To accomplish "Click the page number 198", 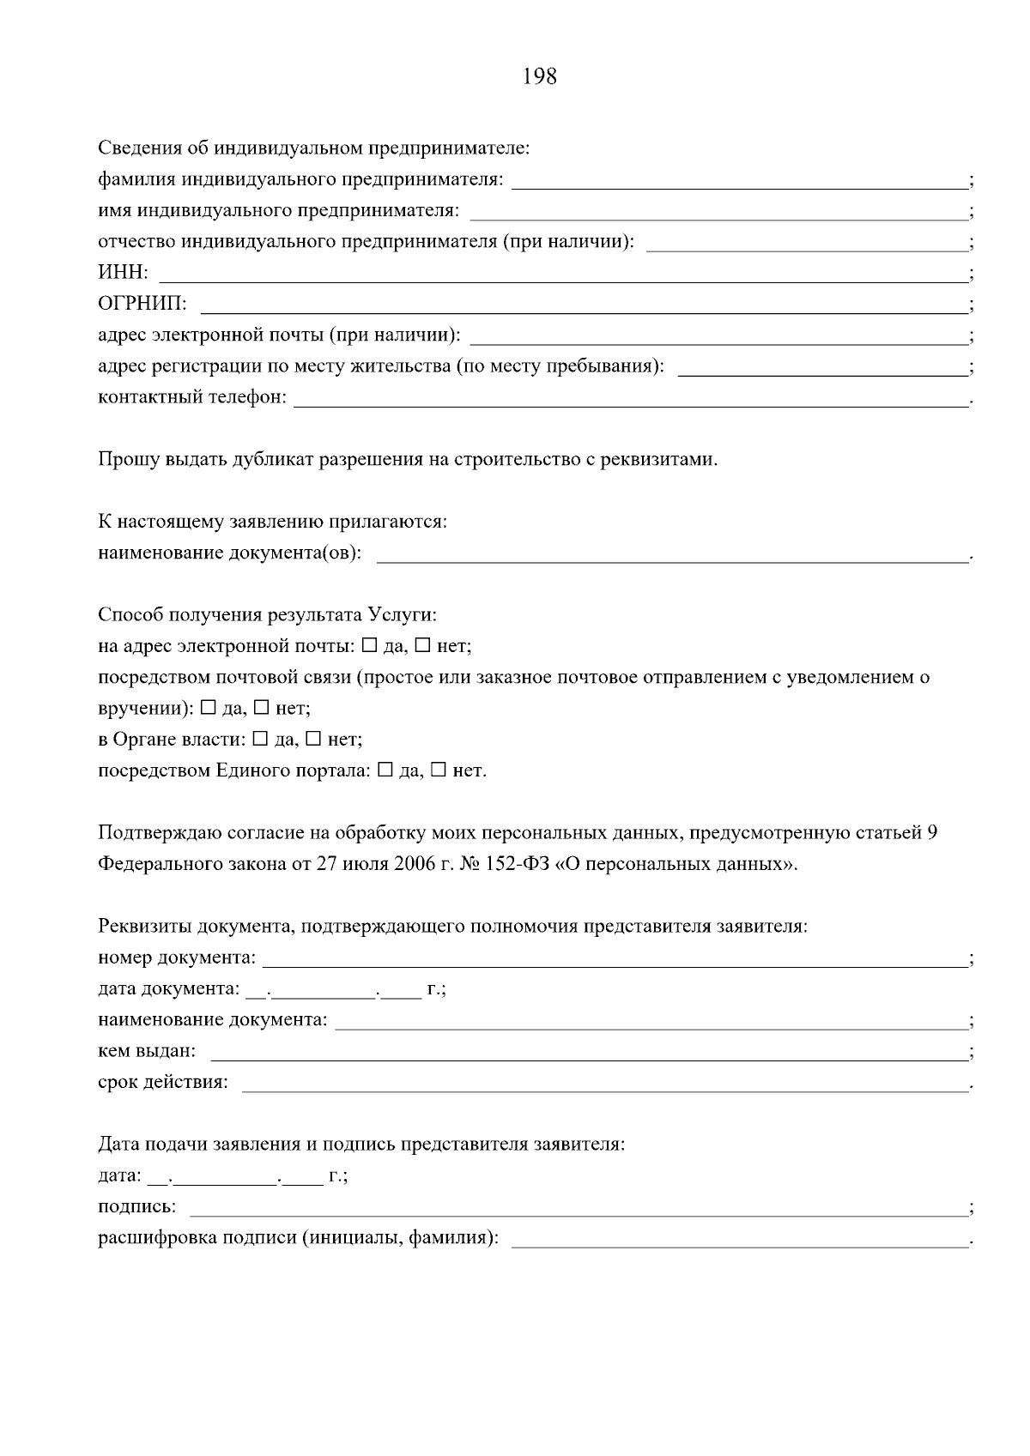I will coord(539,77).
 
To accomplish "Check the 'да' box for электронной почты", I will coord(370,645).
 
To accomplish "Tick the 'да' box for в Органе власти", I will coord(261,739).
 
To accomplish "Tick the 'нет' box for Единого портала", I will coord(439,770).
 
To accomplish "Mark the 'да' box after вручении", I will coord(208,708).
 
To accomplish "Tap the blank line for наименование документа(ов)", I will coord(671,556).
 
